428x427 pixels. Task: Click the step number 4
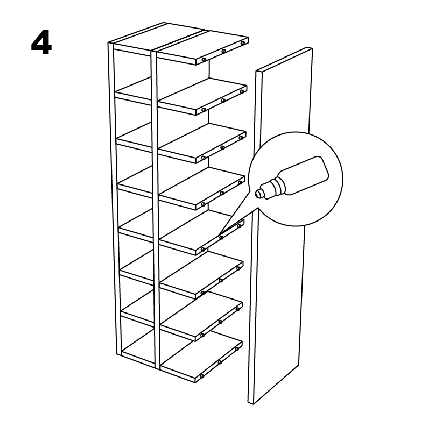[41, 44]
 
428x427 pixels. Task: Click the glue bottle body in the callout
[303, 175]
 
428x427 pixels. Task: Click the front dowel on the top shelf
[204, 60]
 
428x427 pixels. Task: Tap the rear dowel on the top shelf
[242, 44]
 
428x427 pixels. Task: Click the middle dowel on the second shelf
[223, 101]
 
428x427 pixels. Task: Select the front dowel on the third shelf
[203, 158]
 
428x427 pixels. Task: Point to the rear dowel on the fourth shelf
[240, 183]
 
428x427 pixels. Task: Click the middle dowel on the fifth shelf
[221, 238]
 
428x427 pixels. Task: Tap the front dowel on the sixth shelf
[202, 293]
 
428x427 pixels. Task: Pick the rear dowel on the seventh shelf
[238, 309]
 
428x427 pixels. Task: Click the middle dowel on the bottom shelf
[220, 362]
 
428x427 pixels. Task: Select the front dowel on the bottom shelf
[202, 376]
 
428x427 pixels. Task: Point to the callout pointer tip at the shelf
[219, 235]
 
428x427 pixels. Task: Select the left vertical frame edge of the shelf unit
[115, 199]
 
